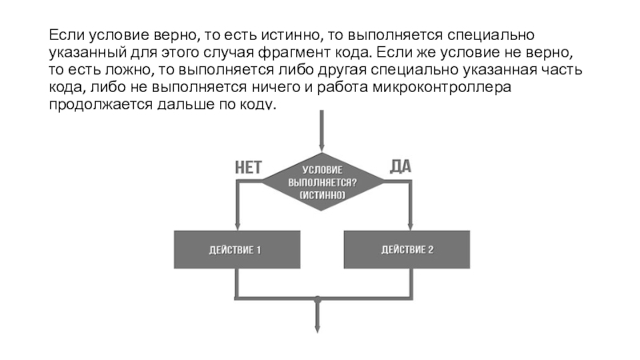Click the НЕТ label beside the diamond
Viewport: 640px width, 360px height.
coord(248,167)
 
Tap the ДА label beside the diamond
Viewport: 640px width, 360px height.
coord(401,166)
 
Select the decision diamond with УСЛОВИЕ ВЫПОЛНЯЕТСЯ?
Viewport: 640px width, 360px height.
coord(322,182)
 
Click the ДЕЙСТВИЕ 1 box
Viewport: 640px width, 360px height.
coord(237,250)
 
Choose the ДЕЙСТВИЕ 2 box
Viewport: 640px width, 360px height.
coord(406,250)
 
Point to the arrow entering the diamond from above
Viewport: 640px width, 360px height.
coord(322,131)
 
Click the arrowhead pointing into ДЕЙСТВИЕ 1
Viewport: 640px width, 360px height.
coord(237,226)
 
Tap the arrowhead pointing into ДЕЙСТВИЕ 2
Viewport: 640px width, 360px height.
coord(410,226)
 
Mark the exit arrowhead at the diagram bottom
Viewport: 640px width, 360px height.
coord(317,329)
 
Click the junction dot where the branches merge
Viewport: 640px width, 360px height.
coord(317,299)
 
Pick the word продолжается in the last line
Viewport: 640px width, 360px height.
coord(101,105)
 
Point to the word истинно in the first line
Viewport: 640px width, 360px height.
coord(291,35)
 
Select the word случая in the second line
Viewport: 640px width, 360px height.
coord(228,53)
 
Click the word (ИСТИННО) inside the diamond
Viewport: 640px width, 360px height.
coord(322,195)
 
